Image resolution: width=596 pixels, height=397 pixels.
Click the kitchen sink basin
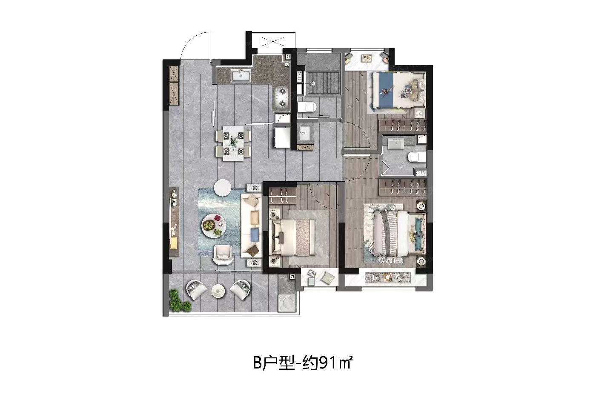click(55, 76)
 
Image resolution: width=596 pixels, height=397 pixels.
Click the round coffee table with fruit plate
click(214, 226)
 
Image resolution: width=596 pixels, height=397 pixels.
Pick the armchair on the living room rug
click(223, 254)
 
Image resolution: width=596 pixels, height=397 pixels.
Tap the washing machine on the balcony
click(287, 303)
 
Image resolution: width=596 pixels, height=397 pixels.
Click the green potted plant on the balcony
click(179, 301)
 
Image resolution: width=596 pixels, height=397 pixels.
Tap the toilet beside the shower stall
click(307, 107)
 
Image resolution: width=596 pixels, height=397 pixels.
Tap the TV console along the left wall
click(174, 222)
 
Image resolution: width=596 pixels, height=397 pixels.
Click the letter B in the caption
click(257, 363)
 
